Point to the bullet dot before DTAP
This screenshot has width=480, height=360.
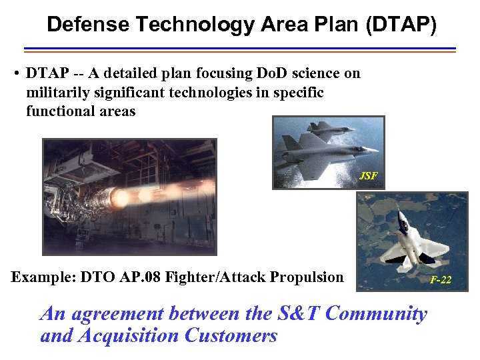[x=15, y=73]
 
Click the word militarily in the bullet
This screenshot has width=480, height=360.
[x=55, y=92]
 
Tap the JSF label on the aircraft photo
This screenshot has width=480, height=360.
[x=368, y=176]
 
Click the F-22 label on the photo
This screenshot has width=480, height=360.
[x=441, y=280]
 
